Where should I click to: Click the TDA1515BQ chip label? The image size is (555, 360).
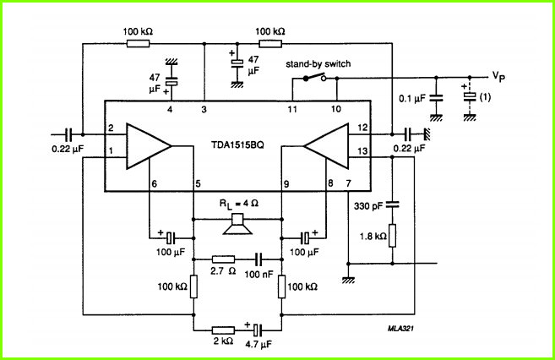237,145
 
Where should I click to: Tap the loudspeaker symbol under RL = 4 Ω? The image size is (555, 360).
237,224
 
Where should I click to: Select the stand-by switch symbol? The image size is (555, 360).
314,77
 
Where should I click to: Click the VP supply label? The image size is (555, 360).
498,77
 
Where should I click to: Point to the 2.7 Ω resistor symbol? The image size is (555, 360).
223,259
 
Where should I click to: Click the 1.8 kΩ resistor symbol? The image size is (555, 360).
392,236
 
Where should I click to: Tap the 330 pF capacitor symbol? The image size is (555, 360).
392,205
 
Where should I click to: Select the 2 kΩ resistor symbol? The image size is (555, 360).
223,330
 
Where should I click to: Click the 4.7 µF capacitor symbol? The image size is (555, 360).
258,330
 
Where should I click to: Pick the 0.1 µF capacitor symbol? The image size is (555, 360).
436,98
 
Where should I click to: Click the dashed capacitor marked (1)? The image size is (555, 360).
470,96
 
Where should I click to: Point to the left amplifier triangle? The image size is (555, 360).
149,146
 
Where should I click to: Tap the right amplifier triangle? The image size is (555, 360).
326,146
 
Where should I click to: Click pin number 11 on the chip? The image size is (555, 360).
292,109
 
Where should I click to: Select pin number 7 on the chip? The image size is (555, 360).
349,183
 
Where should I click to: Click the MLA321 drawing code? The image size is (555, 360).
400,329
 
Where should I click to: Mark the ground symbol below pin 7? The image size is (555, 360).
349,280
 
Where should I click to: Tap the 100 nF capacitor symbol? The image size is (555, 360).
258,259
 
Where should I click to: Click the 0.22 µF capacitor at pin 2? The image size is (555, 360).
68,134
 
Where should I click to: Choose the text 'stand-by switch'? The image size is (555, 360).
318,64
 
